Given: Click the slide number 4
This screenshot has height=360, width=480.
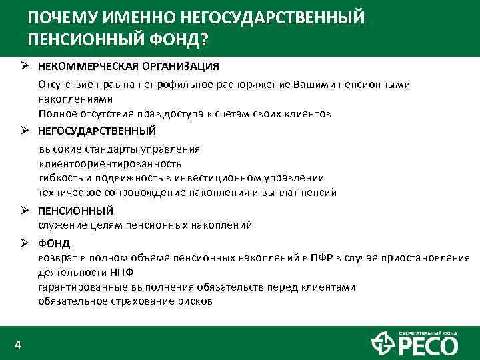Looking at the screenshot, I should tap(18, 345).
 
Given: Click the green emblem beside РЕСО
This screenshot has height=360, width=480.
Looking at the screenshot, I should tap(382, 343).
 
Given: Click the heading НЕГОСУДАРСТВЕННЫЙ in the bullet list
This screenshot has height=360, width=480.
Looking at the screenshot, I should tap(97, 130).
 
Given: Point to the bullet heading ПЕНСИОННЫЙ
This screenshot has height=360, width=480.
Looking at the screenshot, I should tap(75, 211).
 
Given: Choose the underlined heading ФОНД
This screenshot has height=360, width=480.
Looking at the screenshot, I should tap(54, 243).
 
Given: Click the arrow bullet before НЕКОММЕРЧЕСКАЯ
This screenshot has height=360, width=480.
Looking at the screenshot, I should tap(23, 67).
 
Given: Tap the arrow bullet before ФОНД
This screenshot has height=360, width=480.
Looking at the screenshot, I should tap(23, 243).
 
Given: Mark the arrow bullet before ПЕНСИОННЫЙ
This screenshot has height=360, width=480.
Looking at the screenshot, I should tap(23, 211).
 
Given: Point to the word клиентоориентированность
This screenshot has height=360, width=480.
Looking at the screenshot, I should tap(110, 163).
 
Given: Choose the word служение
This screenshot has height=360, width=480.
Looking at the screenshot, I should tap(61, 225).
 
